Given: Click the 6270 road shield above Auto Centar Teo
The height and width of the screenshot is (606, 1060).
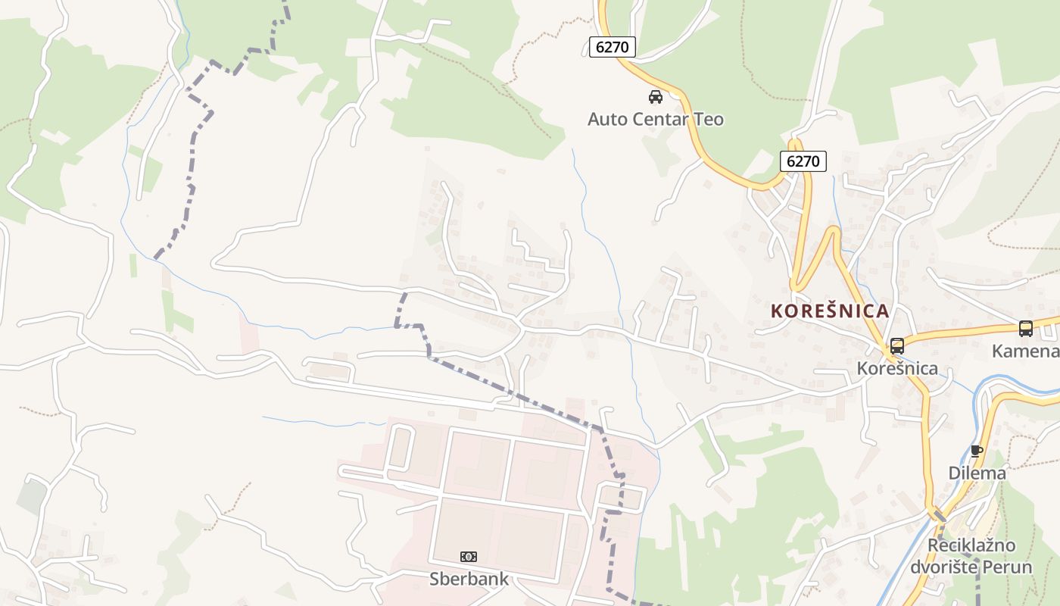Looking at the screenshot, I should [612, 47].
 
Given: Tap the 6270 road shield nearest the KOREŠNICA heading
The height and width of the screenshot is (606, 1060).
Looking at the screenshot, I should [803, 161].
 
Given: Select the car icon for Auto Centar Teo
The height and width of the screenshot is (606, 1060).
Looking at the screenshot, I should [656, 97].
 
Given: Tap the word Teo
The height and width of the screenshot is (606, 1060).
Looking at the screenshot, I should [709, 119].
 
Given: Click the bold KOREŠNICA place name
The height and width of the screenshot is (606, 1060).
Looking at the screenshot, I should [830, 311].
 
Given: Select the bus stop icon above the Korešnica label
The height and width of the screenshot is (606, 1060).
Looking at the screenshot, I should [897, 346].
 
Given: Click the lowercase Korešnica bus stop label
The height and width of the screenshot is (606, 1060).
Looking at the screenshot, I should [897, 369].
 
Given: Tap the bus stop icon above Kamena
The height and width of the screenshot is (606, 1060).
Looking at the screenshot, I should [1026, 329].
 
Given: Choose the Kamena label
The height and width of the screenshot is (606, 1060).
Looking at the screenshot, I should [1026, 351].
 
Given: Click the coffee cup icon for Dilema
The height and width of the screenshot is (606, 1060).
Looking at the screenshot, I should [977, 451].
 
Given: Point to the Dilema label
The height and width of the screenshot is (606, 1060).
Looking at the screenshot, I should [977, 473].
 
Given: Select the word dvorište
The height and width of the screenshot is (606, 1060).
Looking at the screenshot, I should [943, 567].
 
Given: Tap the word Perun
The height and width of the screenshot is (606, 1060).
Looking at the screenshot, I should [1008, 567].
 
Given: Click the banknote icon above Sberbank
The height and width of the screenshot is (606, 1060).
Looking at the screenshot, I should [469, 557].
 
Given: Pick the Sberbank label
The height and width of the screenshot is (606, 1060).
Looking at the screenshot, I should [469, 579].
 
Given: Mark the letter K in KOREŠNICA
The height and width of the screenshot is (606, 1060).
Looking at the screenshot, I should [777, 311].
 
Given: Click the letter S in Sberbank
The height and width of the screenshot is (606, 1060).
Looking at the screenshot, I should [435, 579].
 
